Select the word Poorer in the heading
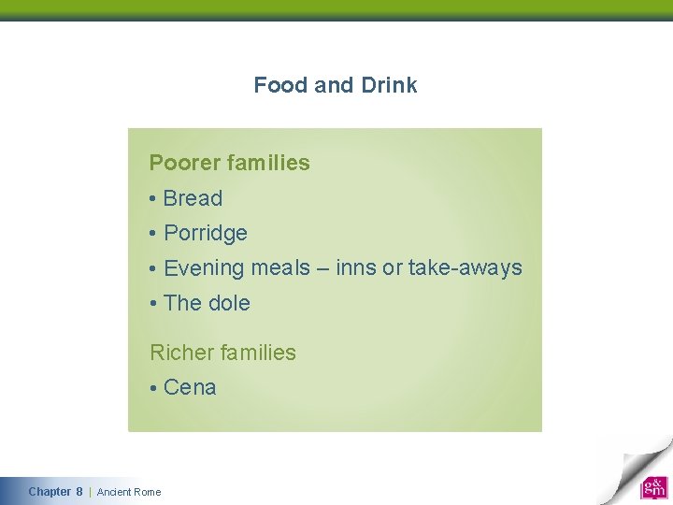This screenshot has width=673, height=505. point(184,163)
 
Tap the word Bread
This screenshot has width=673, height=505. point(193,198)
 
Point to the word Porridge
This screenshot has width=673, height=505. point(206,234)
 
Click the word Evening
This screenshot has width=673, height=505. point(204,268)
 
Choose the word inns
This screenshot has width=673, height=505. point(356,267)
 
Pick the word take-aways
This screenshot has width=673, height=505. point(465,268)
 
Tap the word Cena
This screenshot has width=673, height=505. point(190,387)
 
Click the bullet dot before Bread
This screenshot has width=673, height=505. point(151,199)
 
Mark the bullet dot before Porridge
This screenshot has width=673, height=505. point(151,234)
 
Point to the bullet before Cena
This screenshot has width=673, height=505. point(151,388)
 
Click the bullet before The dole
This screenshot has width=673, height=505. point(151,304)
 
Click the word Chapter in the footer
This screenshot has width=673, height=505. point(49,492)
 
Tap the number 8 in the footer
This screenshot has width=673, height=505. point(79,492)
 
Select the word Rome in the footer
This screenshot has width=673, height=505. point(148,492)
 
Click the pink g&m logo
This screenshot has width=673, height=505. point(653,487)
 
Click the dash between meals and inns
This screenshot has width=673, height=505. point(322,268)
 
